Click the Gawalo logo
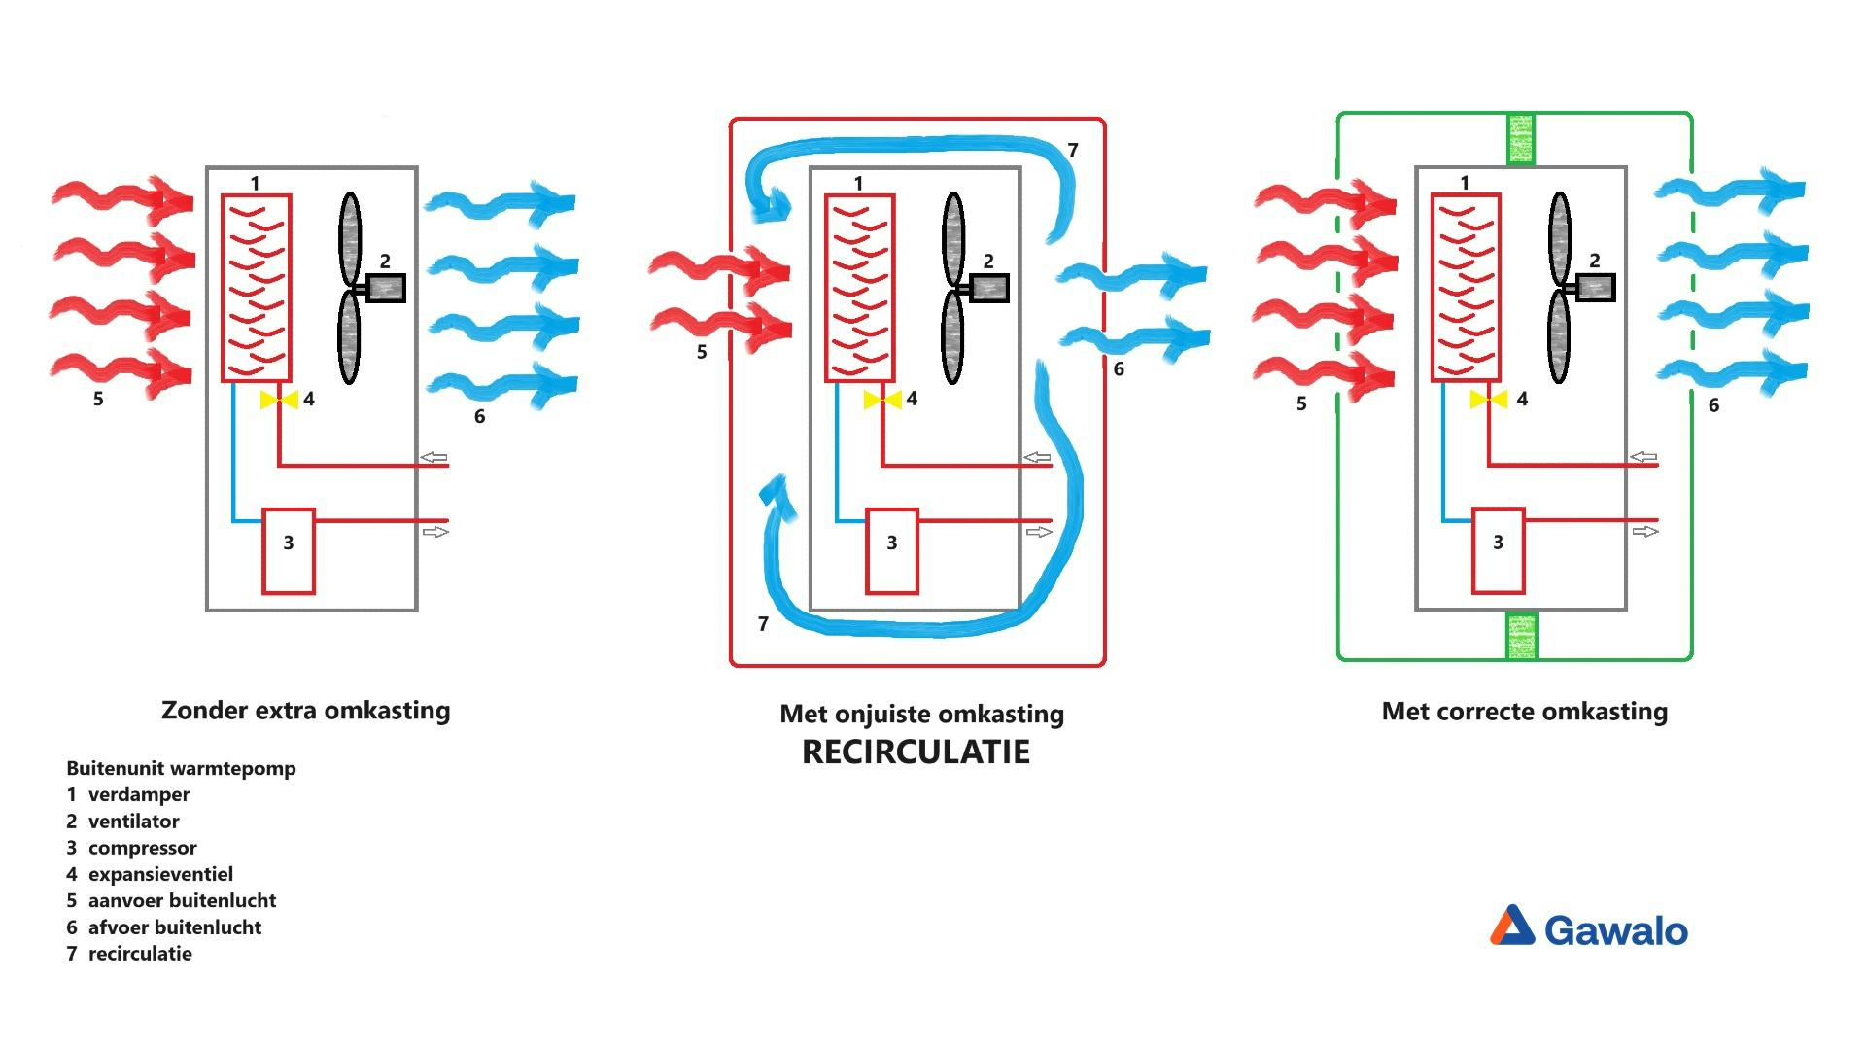(x=1589, y=927)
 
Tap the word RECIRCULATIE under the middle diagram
(x=916, y=752)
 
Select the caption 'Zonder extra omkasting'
(x=305, y=711)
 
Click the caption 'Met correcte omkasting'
(x=1524, y=712)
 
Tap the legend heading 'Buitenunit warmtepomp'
(x=181, y=768)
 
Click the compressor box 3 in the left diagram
(x=289, y=551)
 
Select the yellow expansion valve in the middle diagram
(x=882, y=400)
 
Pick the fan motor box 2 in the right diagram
(x=1595, y=288)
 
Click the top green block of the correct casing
(x=1520, y=139)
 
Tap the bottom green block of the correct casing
(x=1521, y=636)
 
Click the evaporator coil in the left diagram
(x=257, y=288)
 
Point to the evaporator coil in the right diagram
(x=1466, y=288)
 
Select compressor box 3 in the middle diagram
(x=892, y=551)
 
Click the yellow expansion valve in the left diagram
(x=279, y=400)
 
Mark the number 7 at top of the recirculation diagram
(x=1073, y=151)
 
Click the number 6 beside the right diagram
(x=1713, y=405)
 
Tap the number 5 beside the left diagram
(x=98, y=399)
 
